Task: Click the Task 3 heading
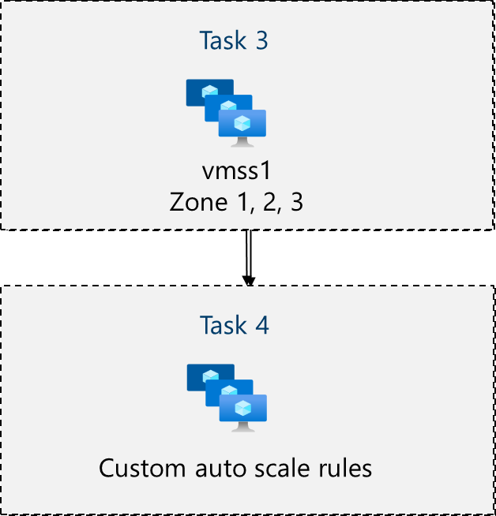pyautogui.click(x=234, y=40)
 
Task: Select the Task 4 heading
pyautogui.click(x=234, y=325)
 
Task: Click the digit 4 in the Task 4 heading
pyautogui.click(x=261, y=325)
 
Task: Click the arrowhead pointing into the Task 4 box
pyautogui.click(x=248, y=280)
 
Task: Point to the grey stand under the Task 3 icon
pyautogui.click(x=242, y=142)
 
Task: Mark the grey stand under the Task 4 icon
pyautogui.click(x=242, y=427)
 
